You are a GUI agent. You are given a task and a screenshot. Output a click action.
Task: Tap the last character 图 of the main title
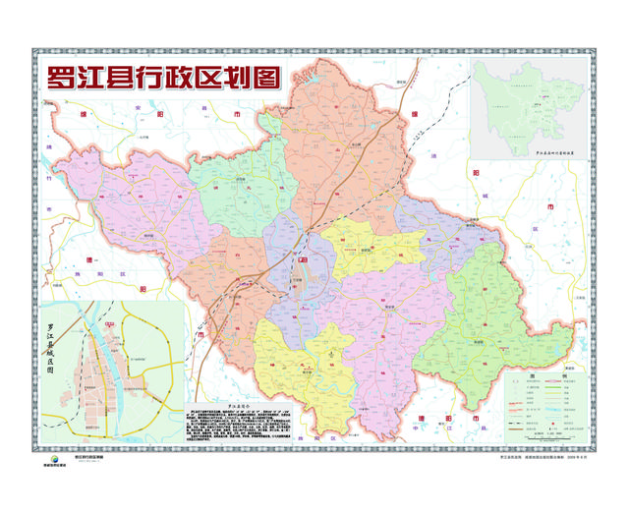[264, 79]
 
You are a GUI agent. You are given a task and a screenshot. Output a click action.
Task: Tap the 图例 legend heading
[546, 376]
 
